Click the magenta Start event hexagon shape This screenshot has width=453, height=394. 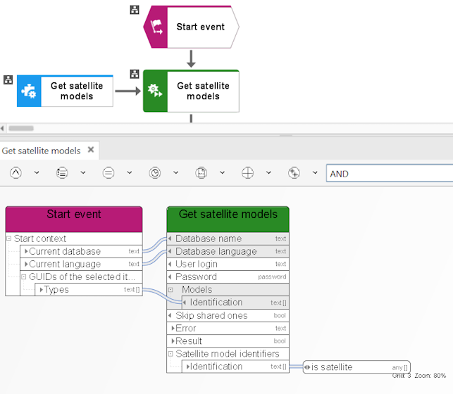tap(191, 27)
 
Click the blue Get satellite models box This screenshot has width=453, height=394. tap(65, 91)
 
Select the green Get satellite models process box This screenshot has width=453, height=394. tap(191, 91)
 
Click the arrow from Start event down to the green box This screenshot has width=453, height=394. tap(191, 58)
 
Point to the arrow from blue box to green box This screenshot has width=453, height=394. tap(128, 91)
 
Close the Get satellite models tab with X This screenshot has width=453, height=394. tap(91, 150)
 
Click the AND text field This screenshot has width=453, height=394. tap(390, 173)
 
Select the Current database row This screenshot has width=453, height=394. tap(81, 251)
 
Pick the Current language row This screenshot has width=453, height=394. tap(81, 264)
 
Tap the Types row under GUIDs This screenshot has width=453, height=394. tap(89, 289)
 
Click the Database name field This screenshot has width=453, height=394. tap(228, 239)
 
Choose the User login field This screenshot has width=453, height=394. tap(228, 264)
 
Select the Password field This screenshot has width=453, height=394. tap(228, 277)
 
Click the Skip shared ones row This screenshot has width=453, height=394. tap(228, 315)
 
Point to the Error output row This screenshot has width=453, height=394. tap(228, 328)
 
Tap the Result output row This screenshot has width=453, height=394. tap(228, 341)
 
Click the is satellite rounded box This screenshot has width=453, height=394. tap(356, 367)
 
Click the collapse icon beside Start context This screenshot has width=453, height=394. tap(8, 239)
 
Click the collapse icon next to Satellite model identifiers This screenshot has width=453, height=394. tap(170, 354)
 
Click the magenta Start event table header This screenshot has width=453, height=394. tap(74, 220)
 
